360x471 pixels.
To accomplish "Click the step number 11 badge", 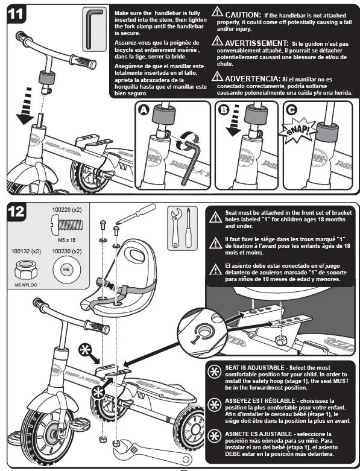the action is click(x=16, y=14).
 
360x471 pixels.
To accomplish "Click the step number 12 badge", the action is click(x=16, y=211).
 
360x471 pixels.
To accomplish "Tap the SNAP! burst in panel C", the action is click(x=297, y=131).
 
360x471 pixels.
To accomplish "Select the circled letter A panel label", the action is click(x=144, y=110).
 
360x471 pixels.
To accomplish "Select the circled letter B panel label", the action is click(x=224, y=110).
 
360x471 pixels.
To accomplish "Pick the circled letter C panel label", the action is click(x=291, y=110).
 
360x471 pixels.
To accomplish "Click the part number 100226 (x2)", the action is click(x=67, y=210).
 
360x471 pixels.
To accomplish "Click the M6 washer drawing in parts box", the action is click(x=66, y=269).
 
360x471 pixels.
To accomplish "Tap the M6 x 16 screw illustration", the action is click(x=67, y=225).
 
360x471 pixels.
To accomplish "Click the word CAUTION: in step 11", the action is click(x=243, y=14).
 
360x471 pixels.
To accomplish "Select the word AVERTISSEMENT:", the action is click(x=257, y=43).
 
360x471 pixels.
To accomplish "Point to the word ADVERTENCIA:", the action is click(x=253, y=78).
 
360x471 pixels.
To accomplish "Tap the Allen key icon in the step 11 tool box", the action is click(x=94, y=29).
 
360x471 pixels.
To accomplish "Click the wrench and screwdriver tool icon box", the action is click(x=183, y=228).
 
